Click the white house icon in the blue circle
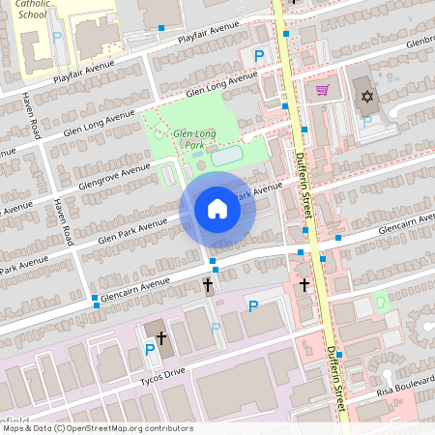click(x=217, y=208)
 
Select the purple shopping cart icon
click(x=323, y=90)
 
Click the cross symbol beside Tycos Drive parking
click(x=161, y=337)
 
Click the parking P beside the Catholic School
click(x=57, y=37)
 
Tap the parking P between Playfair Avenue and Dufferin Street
click(x=258, y=56)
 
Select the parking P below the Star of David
click(x=366, y=122)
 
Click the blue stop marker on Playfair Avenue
click(x=160, y=28)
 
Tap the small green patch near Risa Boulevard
click(x=380, y=301)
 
